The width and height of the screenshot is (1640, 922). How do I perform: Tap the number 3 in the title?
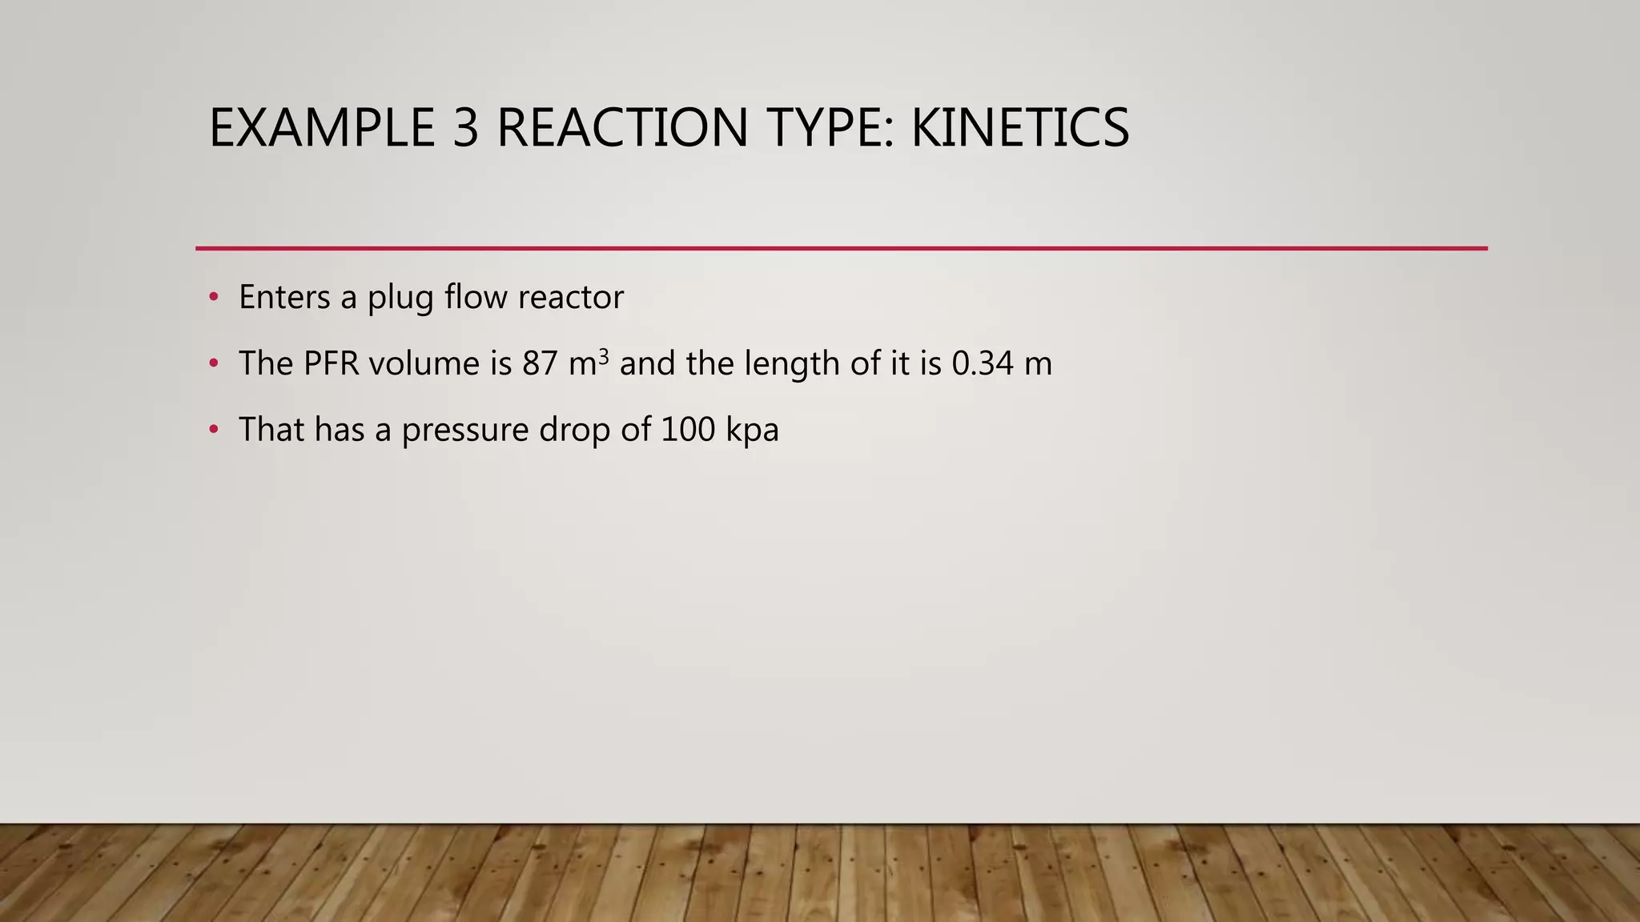coord(465,128)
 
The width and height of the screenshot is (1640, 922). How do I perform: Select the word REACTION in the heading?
coord(622,128)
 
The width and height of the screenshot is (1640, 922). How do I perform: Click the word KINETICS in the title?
coord(1020,128)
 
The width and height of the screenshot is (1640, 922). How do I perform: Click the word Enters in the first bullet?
coord(284,298)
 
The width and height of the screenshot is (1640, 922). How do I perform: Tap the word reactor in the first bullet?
coord(570,298)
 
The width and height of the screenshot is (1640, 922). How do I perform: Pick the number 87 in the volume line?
coord(540,364)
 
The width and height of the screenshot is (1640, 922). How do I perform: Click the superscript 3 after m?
coord(604,355)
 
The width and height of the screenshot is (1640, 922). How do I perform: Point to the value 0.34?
coord(983,364)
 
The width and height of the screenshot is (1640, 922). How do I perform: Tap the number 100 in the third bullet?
coord(688,431)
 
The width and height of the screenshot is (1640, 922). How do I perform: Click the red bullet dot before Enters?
coord(213,298)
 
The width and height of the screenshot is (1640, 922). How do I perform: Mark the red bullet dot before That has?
coord(213,431)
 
